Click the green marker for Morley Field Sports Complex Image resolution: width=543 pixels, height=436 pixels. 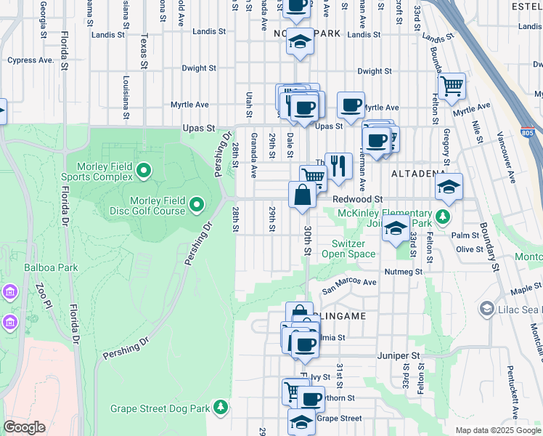point(144,171)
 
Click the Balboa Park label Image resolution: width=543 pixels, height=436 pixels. point(50,267)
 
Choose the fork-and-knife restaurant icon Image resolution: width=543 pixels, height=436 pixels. point(338,167)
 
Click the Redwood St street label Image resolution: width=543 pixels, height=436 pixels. point(357,199)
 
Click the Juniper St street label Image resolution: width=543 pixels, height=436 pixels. point(399,356)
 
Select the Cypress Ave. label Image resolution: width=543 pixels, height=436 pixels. point(30,60)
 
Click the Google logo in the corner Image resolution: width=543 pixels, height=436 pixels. point(24,427)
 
